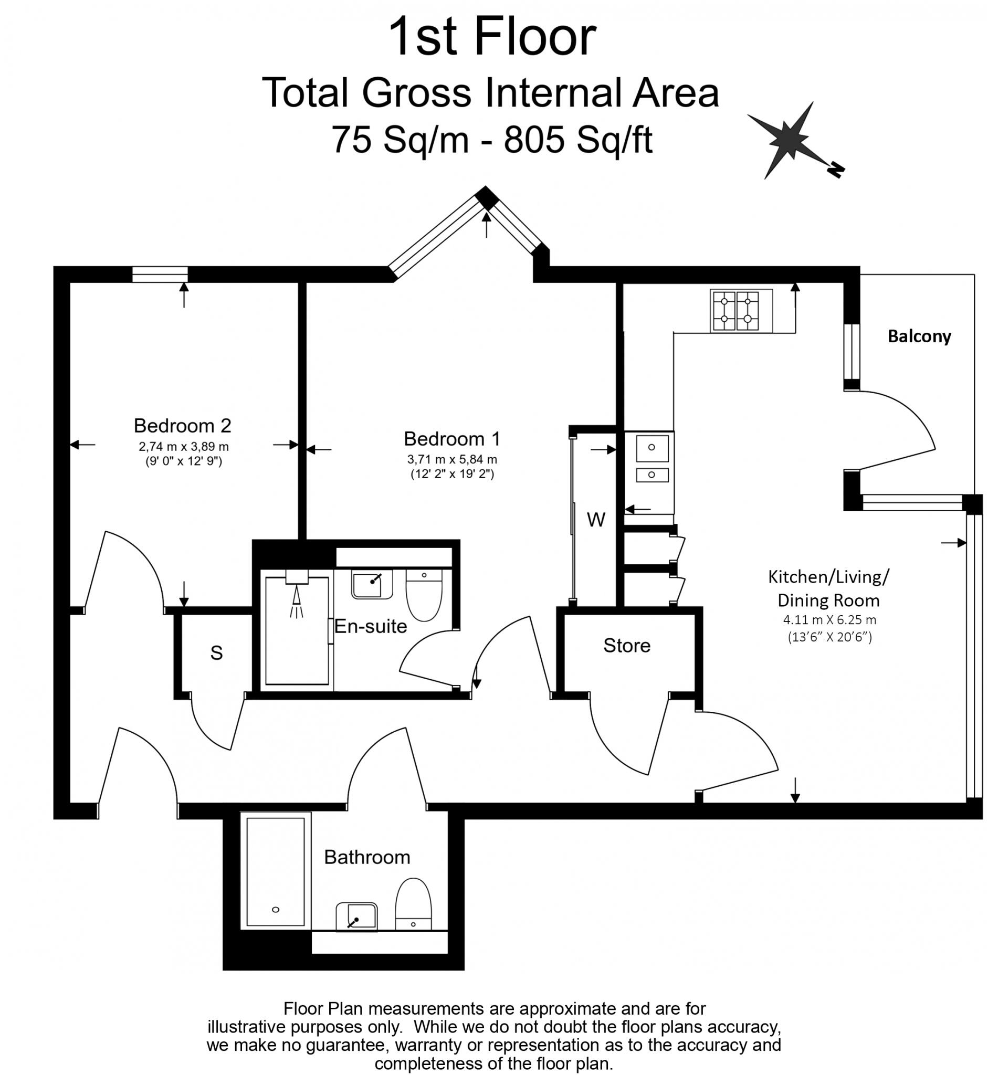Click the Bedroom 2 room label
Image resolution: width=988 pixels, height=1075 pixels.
182,426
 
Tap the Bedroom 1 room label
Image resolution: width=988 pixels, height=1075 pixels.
452,438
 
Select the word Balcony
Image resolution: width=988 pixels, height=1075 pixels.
919,336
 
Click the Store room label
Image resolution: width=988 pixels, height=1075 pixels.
627,645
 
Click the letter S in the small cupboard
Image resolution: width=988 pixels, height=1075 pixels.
216,652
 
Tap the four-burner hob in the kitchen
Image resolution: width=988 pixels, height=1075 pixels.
741,311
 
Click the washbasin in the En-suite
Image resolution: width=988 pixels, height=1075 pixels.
372,584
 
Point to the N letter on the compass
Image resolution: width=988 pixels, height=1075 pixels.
835,170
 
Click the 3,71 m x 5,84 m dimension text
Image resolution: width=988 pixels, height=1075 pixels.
452,459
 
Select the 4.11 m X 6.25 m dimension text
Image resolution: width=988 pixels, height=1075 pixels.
829,620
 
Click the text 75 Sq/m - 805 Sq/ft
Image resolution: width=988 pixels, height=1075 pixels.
491,140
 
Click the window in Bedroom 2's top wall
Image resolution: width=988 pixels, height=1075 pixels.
160,273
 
